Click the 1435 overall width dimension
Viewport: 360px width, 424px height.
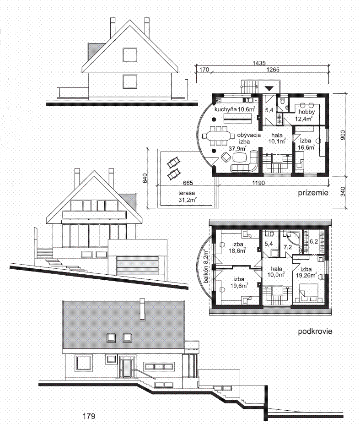tap(259, 63)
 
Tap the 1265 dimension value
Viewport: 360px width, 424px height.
tap(273, 70)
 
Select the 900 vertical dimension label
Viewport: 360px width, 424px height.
tap(343, 135)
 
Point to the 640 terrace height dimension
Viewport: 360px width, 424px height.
tap(145, 178)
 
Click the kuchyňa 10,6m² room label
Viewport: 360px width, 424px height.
tap(235, 109)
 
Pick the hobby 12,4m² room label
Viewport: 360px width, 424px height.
tap(306, 115)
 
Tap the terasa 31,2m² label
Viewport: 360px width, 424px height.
tap(188, 196)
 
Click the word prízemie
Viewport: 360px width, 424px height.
tap(313, 193)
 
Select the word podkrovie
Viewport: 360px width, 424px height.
tap(315, 331)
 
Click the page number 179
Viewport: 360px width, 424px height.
tap(89, 416)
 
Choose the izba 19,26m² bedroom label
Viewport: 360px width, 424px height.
tap(306, 272)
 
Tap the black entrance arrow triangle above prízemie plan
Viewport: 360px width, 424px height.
tap(269, 89)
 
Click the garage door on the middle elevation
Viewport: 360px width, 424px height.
tap(137, 265)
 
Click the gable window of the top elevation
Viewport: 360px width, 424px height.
tap(129, 55)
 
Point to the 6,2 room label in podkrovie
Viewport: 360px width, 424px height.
tap(313, 241)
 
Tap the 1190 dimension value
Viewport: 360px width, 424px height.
tap(258, 183)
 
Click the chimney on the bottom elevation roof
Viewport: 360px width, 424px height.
tap(142, 309)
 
